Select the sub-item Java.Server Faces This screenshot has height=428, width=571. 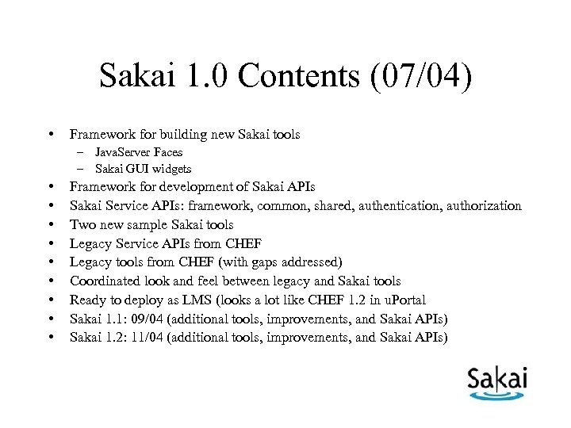pyautogui.click(x=138, y=152)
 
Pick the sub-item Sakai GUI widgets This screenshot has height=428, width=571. pyautogui.click(x=143, y=169)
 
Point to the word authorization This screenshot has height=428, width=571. pyautogui.click(x=485, y=206)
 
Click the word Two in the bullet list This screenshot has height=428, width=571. pyautogui.click(x=83, y=225)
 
